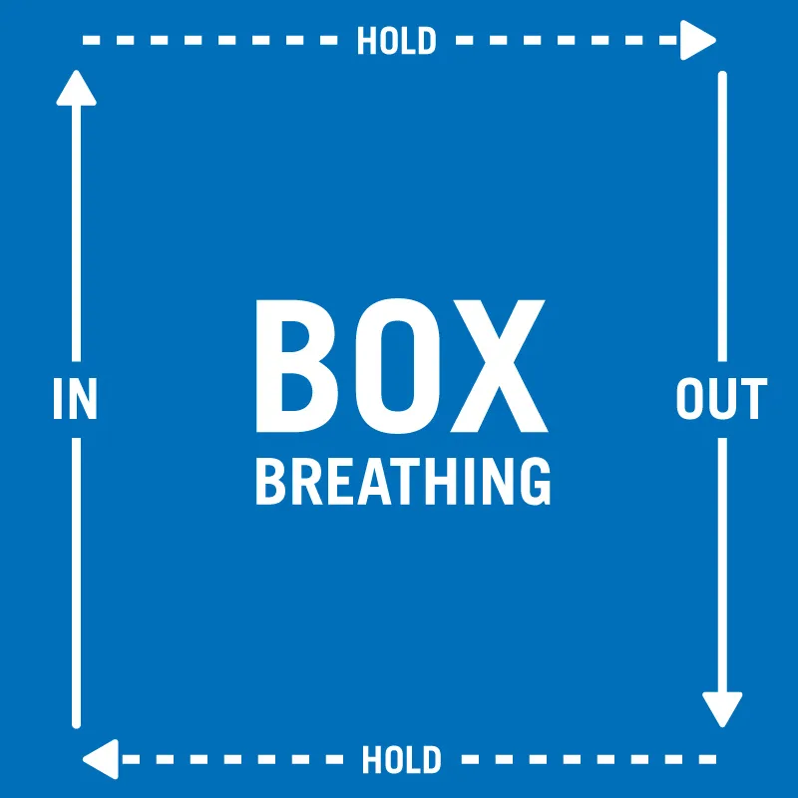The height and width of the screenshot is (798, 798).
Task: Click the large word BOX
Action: point(401,366)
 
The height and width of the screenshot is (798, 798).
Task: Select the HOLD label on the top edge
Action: point(396,42)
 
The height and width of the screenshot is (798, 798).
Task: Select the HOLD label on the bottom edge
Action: point(401,760)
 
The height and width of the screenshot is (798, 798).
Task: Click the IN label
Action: point(75,399)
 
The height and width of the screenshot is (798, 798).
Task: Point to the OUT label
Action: point(721,399)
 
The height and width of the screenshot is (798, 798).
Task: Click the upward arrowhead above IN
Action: point(76,88)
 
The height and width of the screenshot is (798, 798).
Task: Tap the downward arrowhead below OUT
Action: point(722,709)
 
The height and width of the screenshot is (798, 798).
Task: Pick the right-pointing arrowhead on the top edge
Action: point(697,41)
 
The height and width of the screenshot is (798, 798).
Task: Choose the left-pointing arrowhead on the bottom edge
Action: point(101,760)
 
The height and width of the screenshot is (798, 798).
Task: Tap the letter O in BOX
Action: point(401,366)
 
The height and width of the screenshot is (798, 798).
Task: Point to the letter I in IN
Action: point(58,399)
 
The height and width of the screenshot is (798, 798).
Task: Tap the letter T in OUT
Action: point(752,399)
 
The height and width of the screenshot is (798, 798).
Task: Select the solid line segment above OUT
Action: point(722,219)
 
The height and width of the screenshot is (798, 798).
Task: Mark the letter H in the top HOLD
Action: point(366,42)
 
